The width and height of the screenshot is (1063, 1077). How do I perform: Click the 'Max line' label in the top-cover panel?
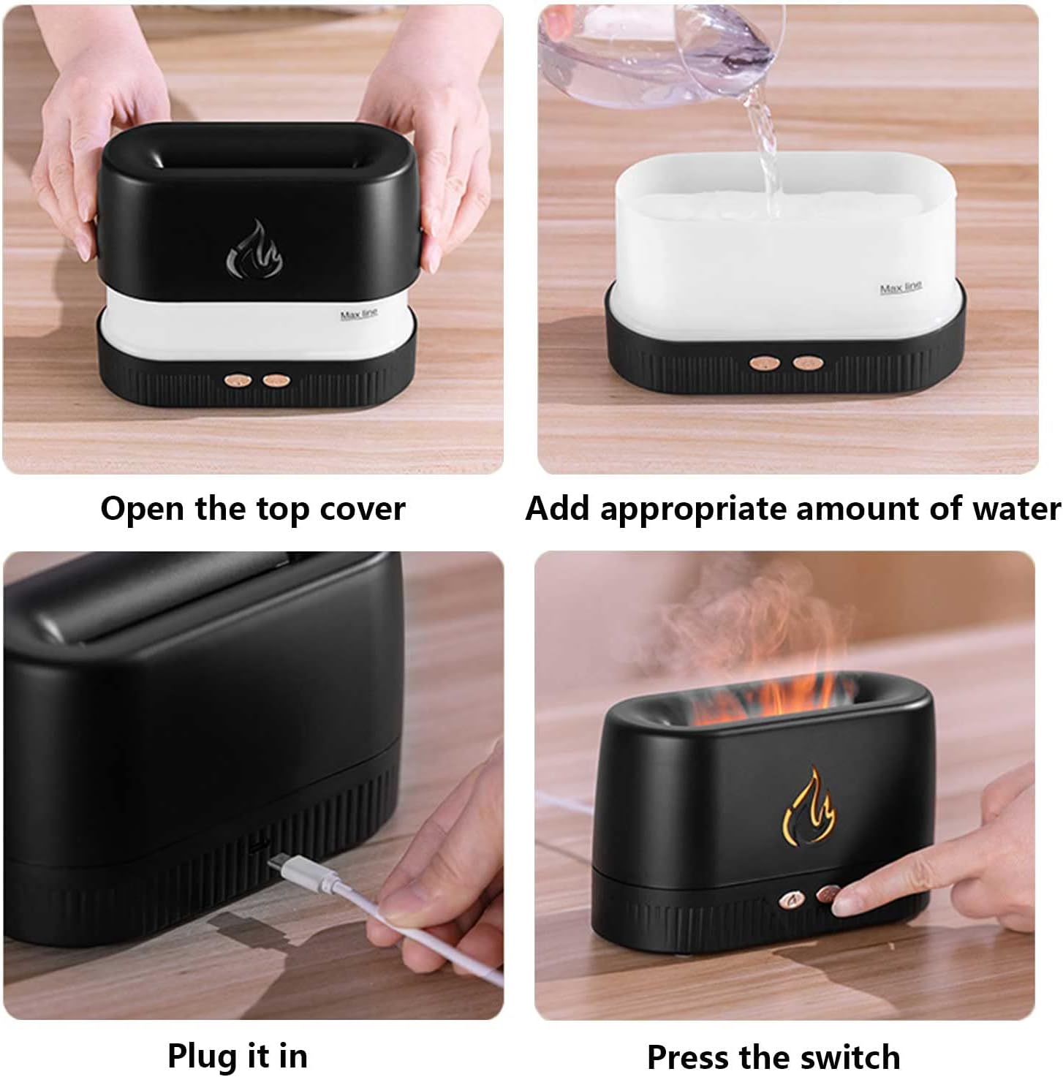pos(359,315)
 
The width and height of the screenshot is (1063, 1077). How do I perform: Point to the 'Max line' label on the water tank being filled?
pos(901,288)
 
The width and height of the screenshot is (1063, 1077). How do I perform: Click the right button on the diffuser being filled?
pos(805,362)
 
